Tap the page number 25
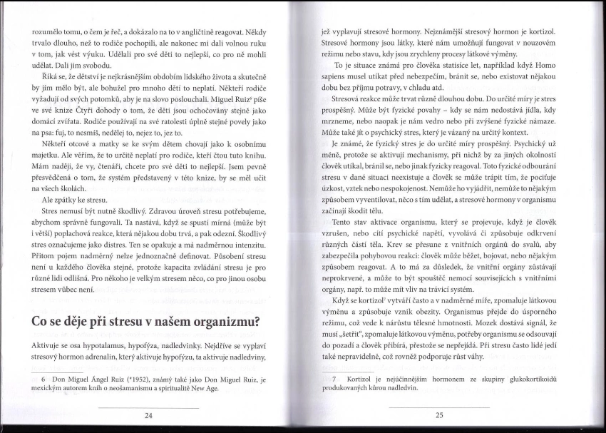439,414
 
